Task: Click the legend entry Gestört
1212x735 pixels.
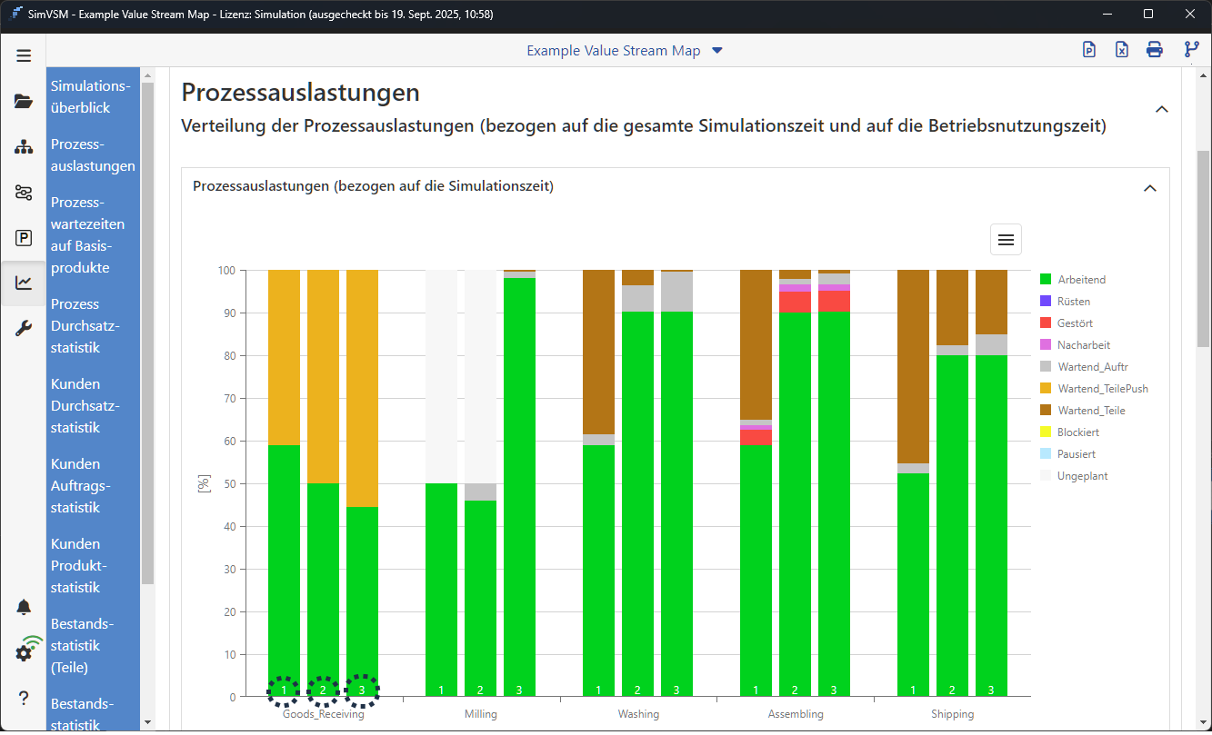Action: click(1075, 323)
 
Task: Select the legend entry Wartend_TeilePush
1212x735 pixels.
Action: click(1102, 389)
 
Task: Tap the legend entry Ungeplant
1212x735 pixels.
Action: click(1082, 476)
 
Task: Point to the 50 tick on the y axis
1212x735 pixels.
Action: click(229, 484)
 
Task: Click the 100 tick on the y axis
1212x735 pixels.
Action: click(226, 271)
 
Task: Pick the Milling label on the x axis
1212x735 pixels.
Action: click(481, 714)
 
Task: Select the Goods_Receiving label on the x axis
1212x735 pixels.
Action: click(324, 714)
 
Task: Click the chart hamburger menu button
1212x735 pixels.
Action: click(1006, 240)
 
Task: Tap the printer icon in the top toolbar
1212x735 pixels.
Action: click(1154, 50)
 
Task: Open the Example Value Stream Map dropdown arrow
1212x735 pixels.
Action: click(717, 51)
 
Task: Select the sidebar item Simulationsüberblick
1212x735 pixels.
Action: click(91, 96)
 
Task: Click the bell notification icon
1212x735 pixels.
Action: click(24, 607)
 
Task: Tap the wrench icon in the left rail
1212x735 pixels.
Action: click(24, 328)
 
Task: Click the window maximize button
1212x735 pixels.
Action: click(1148, 14)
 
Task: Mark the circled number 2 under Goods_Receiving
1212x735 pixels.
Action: click(323, 691)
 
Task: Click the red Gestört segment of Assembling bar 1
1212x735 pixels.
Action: click(756, 437)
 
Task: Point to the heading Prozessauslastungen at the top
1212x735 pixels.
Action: click(300, 92)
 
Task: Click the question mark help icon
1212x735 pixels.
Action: click(24, 698)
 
